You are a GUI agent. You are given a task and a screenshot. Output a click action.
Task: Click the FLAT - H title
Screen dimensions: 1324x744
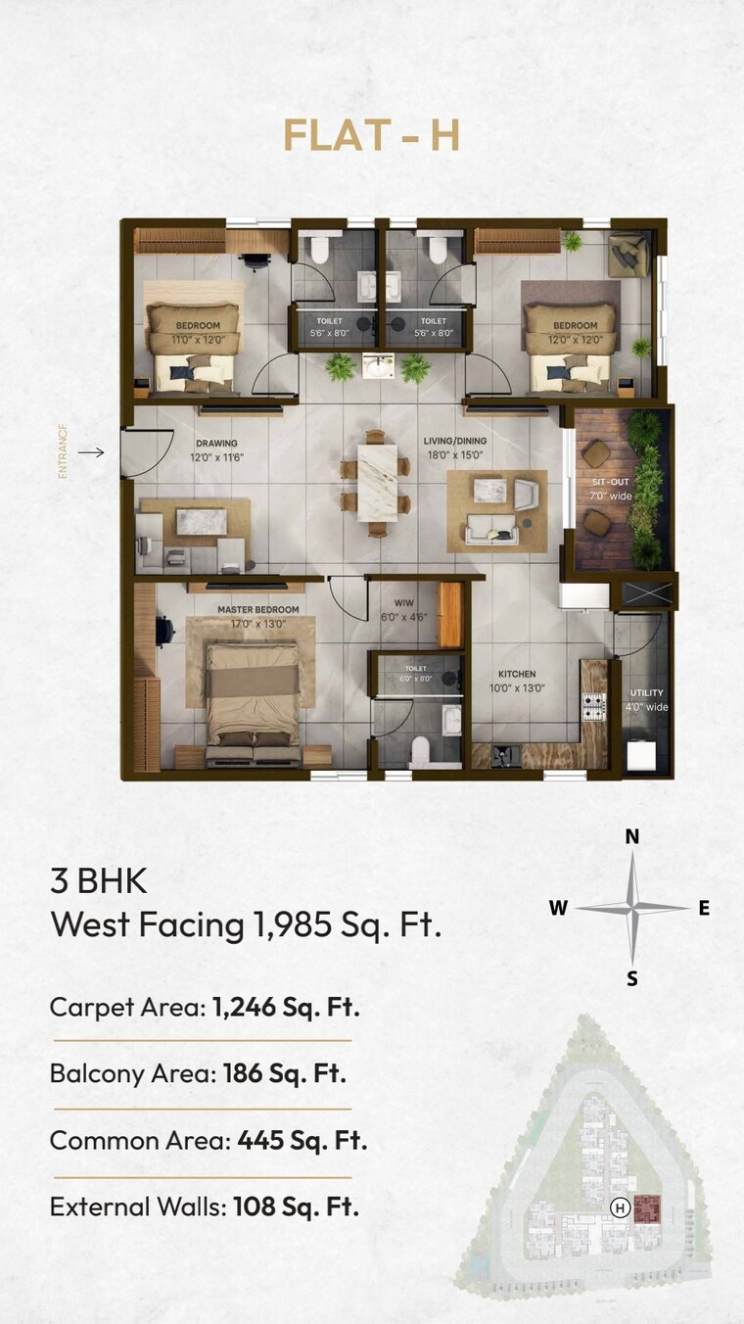pos(371,136)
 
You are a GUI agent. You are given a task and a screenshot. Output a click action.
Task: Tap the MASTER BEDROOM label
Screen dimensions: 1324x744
pos(257,609)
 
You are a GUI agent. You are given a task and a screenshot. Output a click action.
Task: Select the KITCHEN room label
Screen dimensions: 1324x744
pos(517,674)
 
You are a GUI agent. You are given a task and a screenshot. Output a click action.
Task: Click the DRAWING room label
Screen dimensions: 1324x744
pos(215,444)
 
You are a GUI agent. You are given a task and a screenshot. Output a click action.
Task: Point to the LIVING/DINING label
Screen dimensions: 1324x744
pos(454,441)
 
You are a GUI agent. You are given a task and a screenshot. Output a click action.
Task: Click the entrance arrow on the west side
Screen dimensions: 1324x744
pos(91,452)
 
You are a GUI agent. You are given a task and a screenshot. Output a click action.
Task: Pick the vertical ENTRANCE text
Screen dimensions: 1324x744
pos(63,451)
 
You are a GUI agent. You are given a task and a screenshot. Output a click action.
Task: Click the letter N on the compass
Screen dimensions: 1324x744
pos(632,836)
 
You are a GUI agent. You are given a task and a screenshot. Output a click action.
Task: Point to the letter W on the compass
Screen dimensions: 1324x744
pos(558,908)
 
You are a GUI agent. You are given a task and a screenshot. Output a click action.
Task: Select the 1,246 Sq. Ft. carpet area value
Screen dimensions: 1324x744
pos(286,1007)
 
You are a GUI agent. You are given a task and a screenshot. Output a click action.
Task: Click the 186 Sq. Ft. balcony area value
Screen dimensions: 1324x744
pos(284,1073)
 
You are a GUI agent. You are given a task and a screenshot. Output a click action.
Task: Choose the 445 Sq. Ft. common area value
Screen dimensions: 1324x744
pos(302,1140)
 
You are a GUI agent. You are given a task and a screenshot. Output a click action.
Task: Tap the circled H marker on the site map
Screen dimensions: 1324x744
pos(619,1207)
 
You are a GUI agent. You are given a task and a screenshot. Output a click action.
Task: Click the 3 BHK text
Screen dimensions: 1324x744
pos(98,880)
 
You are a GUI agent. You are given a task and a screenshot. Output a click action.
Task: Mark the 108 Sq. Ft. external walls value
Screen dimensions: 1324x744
pos(296,1206)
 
